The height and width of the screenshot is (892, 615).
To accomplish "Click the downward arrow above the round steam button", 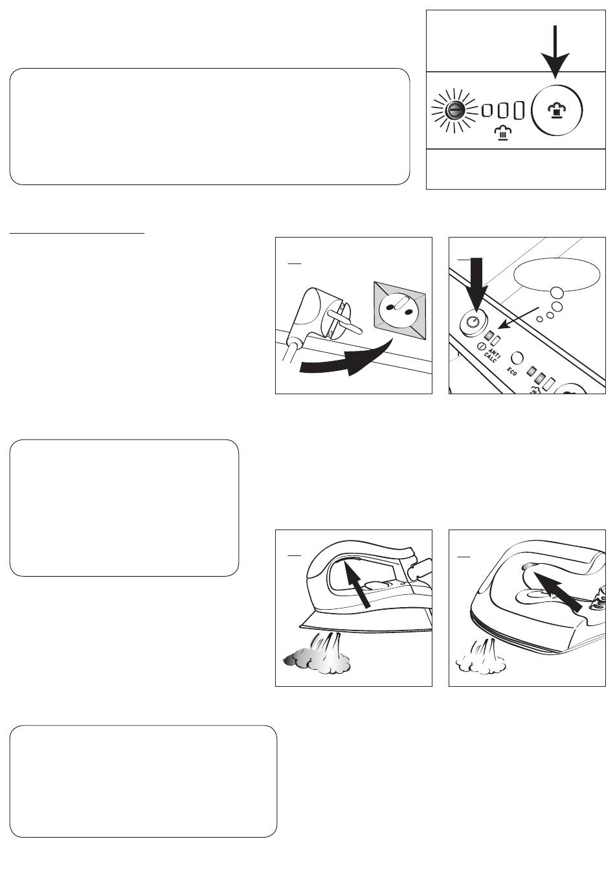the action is point(554,51).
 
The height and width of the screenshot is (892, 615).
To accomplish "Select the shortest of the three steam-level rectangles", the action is point(486,110).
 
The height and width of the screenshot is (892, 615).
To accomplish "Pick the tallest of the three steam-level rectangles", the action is point(519,110).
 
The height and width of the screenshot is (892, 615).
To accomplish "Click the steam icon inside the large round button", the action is point(557,109).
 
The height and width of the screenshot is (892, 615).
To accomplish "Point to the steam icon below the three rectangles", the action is point(502,133).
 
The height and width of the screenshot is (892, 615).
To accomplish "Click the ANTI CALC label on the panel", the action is point(491,353).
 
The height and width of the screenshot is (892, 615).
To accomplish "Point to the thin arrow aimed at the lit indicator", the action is point(519,317).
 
